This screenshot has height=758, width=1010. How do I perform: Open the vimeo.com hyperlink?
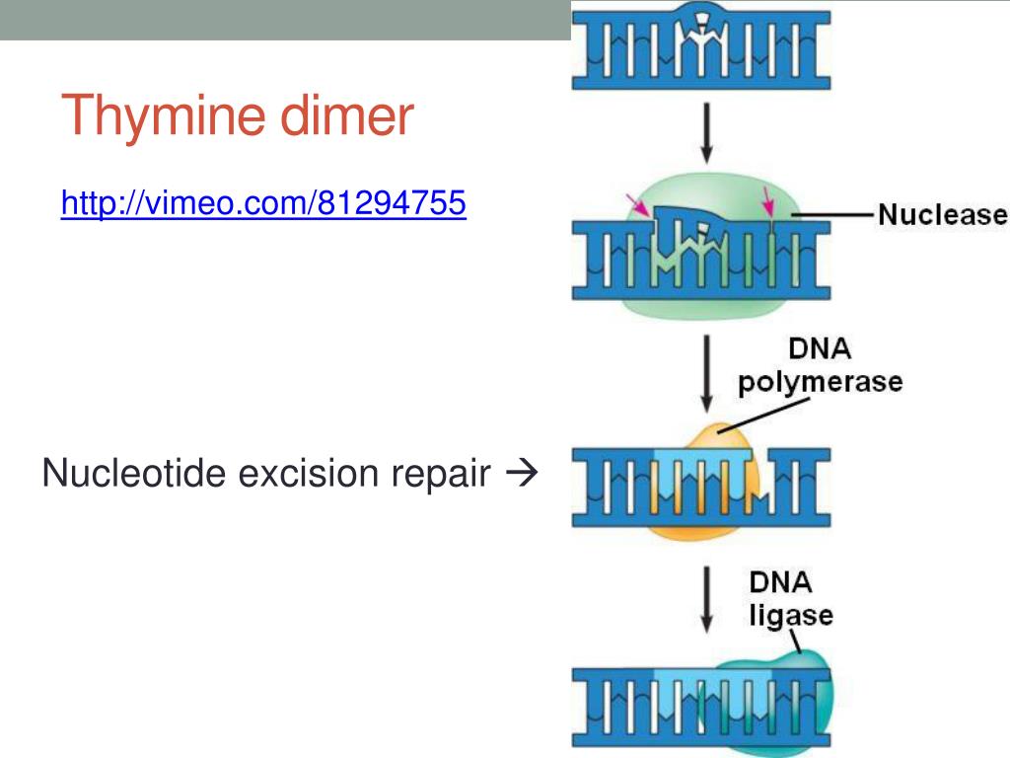coord(262,203)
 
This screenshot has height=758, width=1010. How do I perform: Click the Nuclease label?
coord(942,214)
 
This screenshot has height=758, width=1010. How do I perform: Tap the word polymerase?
coord(821,381)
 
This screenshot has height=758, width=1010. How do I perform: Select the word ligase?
coord(790,617)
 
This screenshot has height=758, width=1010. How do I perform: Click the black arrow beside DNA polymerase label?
coord(706,372)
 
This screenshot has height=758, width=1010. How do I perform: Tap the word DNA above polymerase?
coord(820,349)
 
